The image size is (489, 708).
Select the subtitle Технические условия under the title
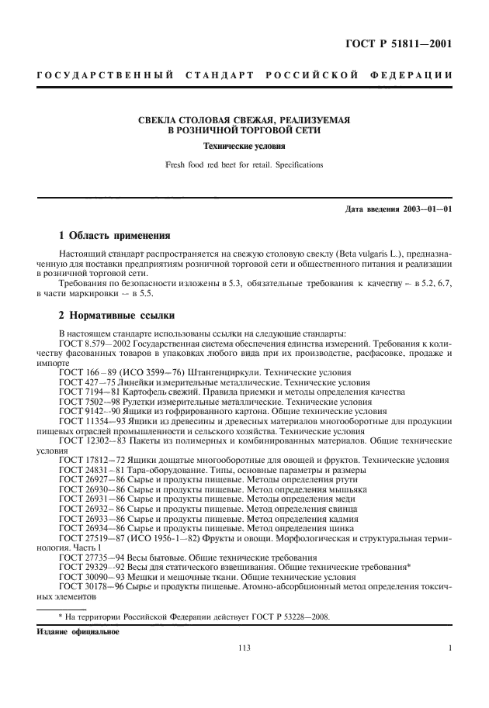[244, 146]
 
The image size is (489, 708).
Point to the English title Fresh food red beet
[244, 164]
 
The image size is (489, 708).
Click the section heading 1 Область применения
[115, 235]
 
